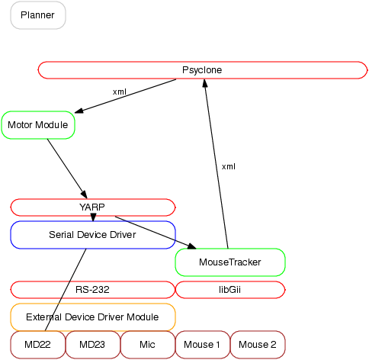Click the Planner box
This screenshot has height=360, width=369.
click(x=38, y=15)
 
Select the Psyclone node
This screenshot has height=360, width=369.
click(x=203, y=70)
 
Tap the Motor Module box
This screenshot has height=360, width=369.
click(x=38, y=125)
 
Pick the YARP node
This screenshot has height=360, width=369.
click(x=93, y=207)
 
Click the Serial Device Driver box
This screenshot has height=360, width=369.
click(x=93, y=235)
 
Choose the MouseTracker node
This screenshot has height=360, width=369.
click(x=230, y=262)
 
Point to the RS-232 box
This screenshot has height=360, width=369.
click(x=93, y=290)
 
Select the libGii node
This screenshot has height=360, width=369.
click(x=230, y=290)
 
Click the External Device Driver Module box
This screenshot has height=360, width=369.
click(x=93, y=317)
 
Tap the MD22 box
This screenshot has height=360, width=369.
click(x=38, y=345)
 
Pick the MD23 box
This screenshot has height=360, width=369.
click(x=93, y=345)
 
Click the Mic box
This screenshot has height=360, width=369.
click(x=148, y=345)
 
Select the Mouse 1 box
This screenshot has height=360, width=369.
click(x=203, y=345)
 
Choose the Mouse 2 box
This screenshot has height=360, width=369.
click(x=258, y=345)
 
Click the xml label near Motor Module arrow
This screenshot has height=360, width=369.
click(x=120, y=92)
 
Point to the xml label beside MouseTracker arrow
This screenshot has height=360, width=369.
click(x=229, y=167)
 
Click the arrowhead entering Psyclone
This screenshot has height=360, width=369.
click(x=205, y=83)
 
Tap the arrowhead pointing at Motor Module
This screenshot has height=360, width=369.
click(x=79, y=111)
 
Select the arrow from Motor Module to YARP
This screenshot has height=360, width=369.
click(x=67, y=169)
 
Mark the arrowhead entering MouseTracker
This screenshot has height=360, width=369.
click(x=191, y=246)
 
